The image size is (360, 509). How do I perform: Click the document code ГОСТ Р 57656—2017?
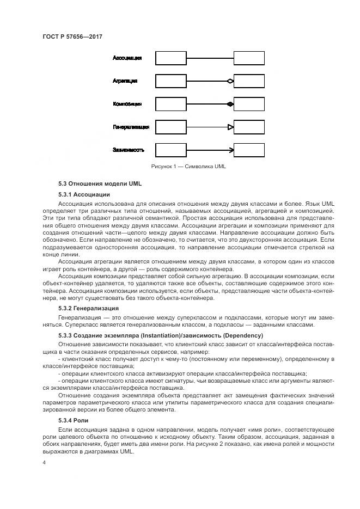pyautogui.click(x=72, y=36)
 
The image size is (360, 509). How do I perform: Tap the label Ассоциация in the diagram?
pyautogui.click(x=127, y=58)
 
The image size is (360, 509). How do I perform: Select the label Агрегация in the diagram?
pyautogui.click(x=125, y=81)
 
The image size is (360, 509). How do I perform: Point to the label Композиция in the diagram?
pyautogui.click(x=127, y=103)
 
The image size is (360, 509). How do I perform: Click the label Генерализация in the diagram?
pyautogui.click(x=131, y=127)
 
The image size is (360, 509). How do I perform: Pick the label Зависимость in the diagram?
pyautogui.click(x=129, y=150)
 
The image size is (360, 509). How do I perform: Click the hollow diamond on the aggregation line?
pyautogui.click(x=230, y=81)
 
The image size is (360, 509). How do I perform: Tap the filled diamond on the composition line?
pyautogui.click(x=230, y=104)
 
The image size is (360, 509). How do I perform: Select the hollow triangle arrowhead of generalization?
pyautogui.click(x=230, y=127)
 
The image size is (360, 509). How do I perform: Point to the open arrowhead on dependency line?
pyautogui.click(x=231, y=150)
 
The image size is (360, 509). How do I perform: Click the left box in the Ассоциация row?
pyautogui.click(x=171, y=58)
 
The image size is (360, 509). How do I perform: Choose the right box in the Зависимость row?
pyautogui.click(x=249, y=150)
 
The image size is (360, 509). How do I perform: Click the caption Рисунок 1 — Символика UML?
pyautogui.click(x=188, y=167)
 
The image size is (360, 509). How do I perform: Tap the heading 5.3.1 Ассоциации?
pyautogui.click(x=84, y=194)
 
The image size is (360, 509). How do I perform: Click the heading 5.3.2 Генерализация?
pyautogui.click(x=89, y=308)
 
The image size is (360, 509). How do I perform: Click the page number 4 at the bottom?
pyautogui.click(x=44, y=463)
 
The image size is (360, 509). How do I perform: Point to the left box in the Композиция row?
pyautogui.click(x=171, y=104)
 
